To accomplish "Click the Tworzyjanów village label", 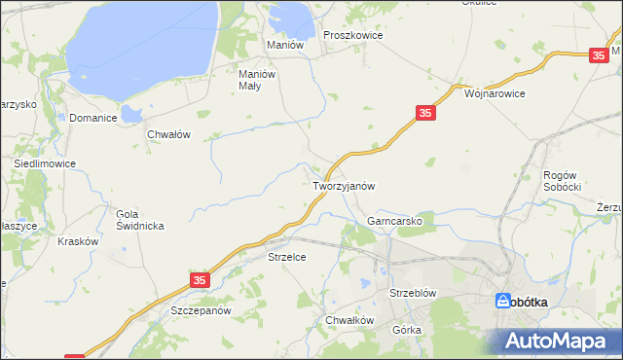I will pos(343,185).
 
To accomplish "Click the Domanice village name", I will pos(93,118).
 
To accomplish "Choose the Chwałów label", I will pos(167,135).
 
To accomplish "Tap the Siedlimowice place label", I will pos(45,164).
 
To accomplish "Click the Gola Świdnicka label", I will pos(140,220).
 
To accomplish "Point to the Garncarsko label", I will pos(394,221).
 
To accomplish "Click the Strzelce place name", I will pos(287,257).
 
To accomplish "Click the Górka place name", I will pos(407,330).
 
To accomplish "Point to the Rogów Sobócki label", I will pos(562,180).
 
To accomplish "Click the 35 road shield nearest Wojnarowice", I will pos(424,114).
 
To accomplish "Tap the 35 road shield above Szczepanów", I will pos(200,280).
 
